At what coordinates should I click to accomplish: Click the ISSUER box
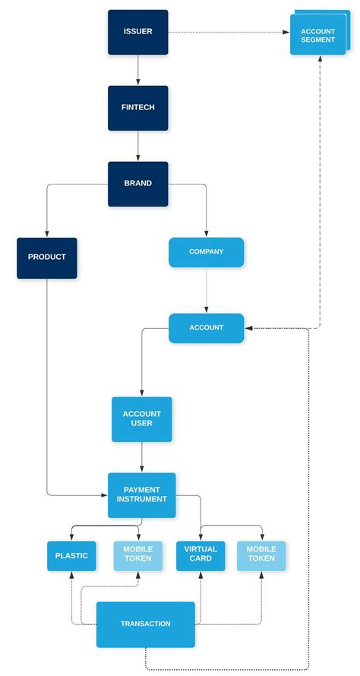click(x=137, y=32)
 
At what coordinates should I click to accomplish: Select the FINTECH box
click(x=137, y=108)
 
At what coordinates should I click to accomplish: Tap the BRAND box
click(x=137, y=183)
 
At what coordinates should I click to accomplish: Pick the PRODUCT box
click(x=47, y=257)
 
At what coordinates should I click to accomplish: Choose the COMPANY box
click(x=206, y=252)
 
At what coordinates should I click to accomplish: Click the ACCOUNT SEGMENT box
click(x=317, y=36)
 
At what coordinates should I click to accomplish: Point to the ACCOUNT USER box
click(x=142, y=419)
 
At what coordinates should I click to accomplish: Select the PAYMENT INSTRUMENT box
click(x=142, y=494)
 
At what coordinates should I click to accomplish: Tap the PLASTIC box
click(x=71, y=556)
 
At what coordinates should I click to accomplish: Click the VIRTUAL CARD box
click(x=201, y=556)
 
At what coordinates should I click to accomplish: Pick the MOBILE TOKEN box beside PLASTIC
click(x=138, y=556)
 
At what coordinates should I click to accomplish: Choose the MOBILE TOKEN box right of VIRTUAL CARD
click(x=261, y=556)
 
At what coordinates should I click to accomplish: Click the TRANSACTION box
click(x=146, y=624)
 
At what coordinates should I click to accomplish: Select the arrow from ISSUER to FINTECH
click(x=137, y=70)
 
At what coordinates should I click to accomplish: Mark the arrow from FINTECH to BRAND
click(x=137, y=145)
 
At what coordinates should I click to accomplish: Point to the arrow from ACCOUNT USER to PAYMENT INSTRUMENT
click(x=142, y=457)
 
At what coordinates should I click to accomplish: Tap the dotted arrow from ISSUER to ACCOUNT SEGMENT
click(x=228, y=33)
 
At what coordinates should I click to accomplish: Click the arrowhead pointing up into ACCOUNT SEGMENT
click(x=320, y=60)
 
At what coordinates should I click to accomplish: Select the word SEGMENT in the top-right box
click(x=317, y=40)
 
